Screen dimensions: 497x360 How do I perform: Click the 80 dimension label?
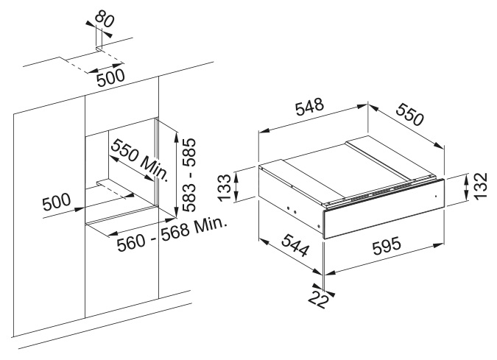(105, 18)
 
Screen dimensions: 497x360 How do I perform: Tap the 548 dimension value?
(310, 107)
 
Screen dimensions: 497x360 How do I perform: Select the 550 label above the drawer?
(410, 114)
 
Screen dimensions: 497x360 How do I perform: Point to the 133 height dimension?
(225, 187)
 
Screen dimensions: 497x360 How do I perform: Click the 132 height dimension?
(481, 186)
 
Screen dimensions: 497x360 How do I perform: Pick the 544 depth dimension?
(295, 245)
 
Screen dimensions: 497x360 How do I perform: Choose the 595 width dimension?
(387, 246)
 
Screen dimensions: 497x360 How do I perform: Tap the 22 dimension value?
(318, 300)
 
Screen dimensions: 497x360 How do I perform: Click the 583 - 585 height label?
(189, 175)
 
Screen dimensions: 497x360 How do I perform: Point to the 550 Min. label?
(140, 159)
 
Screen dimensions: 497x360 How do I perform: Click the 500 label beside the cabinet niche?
(57, 202)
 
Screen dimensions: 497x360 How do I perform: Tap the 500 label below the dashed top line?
(111, 78)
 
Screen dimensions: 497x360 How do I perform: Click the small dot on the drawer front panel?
(435, 196)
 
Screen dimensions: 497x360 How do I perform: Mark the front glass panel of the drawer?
(383, 210)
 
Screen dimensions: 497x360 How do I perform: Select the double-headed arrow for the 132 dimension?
(466, 188)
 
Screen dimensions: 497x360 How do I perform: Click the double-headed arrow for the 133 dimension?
(236, 187)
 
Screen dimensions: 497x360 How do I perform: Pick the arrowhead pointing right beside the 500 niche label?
(80, 209)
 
